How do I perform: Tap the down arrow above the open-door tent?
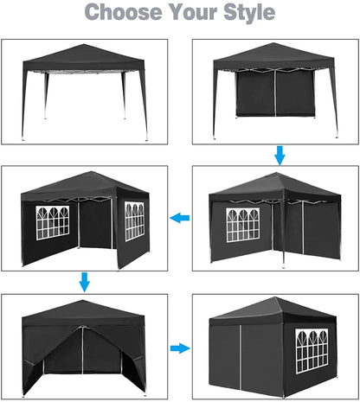coord(84,282)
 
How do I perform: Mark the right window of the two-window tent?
coord(134,220)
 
